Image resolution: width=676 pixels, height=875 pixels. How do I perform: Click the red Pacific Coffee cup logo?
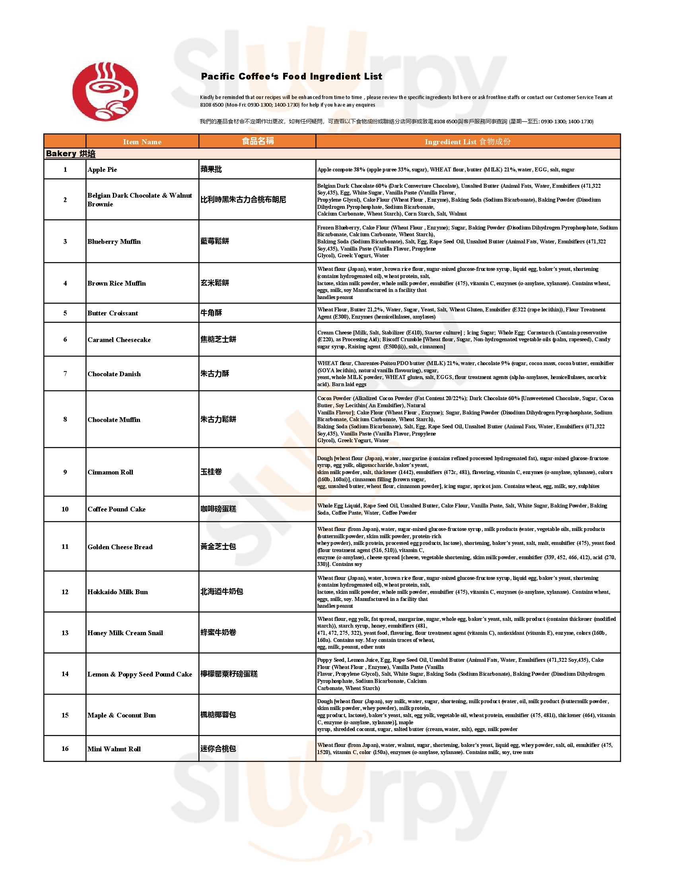(x=105, y=91)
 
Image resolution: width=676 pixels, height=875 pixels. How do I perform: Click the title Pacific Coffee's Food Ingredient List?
(x=291, y=76)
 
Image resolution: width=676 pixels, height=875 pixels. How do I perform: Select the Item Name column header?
(x=142, y=142)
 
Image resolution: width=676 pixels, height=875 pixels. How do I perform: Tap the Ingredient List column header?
(x=467, y=142)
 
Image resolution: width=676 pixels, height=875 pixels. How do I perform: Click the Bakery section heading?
(x=70, y=154)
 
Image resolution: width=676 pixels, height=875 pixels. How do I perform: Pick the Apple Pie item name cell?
(x=103, y=169)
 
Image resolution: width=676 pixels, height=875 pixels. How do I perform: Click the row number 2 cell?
(x=65, y=200)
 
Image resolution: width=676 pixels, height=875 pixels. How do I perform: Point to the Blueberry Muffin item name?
(x=114, y=241)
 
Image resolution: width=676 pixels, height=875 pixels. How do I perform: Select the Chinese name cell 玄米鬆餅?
(x=215, y=283)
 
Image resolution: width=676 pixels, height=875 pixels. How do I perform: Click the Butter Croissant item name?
(x=113, y=313)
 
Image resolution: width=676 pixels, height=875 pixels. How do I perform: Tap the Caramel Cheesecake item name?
(x=119, y=340)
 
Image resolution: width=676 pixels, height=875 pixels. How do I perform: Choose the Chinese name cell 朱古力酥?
(x=215, y=374)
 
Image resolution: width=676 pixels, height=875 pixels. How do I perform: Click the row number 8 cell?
(x=65, y=420)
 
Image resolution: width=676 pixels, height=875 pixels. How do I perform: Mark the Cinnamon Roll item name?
(x=110, y=472)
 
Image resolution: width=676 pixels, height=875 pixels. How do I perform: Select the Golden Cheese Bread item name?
(x=120, y=547)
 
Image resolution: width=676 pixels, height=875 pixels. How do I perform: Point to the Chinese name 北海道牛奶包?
(x=221, y=592)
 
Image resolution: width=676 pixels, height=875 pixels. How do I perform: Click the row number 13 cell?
(x=65, y=633)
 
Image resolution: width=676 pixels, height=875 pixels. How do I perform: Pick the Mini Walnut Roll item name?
(x=114, y=749)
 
